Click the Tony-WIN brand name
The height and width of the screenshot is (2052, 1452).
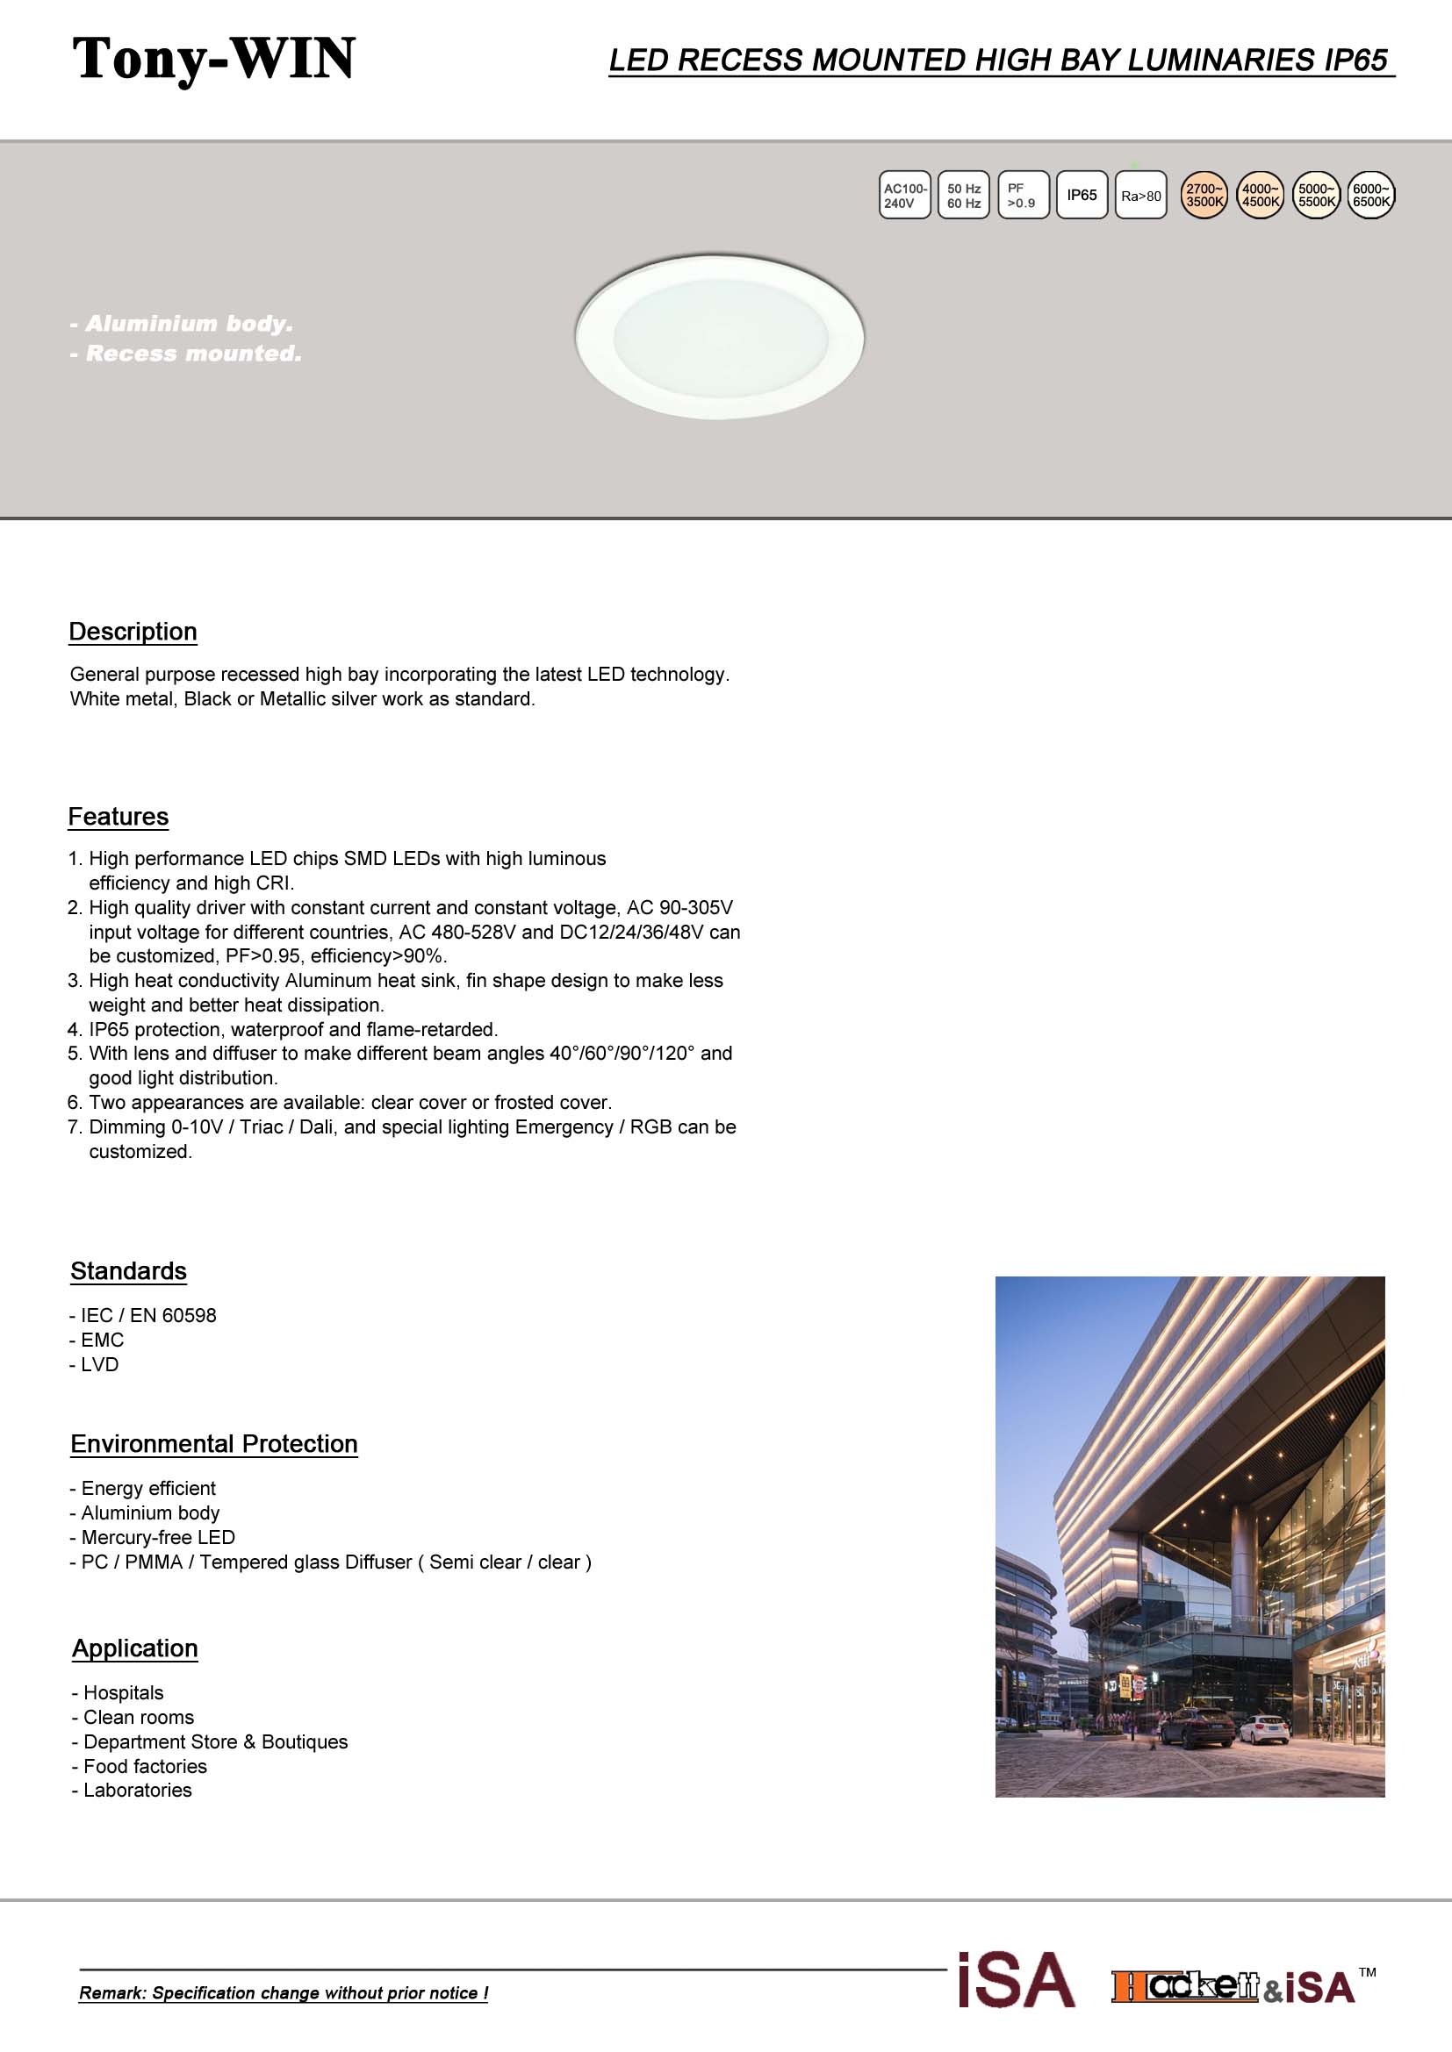pyautogui.click(x=213, y=59)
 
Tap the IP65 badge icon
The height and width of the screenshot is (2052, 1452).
pyautogui.click(x=1081, y=195)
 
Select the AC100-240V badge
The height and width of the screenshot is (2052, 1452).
pyautogui.click(x=904, y=195)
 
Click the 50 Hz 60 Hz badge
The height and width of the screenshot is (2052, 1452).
pyautogui.click(x=963, y=195)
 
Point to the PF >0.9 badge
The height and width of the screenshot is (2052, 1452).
pyautogui.click(x=1022, y=195)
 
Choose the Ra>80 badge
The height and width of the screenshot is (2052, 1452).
pyautogui.click(x=1140, y=195)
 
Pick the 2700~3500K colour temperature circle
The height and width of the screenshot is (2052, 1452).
pyautogui.click(x=1204, y=195)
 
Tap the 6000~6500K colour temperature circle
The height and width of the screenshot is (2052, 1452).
pyautogui.click(x=1369, y=195)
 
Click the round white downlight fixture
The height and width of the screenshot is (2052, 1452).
pyautogui.click(x=719, y=336)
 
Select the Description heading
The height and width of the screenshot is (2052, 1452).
pyautogui.click(x=133, y=631)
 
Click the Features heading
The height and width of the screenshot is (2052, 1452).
pyautogui.click(x=118, y=816)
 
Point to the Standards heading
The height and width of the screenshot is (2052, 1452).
pyautogui.click(x=129, y=1271)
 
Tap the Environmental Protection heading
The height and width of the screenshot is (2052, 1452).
pyautogui.click(x=213, y=1443)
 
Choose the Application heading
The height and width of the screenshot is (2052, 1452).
pyautogui.click(x=135, y=1648)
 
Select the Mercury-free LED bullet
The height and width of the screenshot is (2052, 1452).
pyautogui.click(x=153, y=1537)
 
